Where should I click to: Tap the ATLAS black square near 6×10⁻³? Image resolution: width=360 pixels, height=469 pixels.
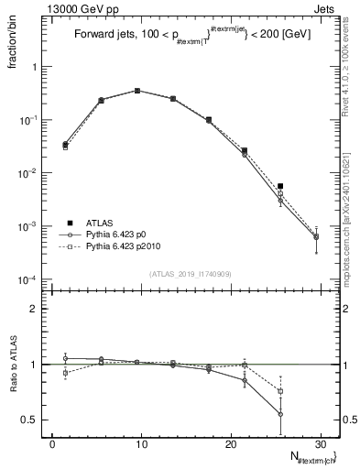[280, 186]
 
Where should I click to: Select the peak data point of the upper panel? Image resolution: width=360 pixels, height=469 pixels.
[136, 91]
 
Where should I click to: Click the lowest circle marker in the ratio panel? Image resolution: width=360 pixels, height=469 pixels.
[280, 414]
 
